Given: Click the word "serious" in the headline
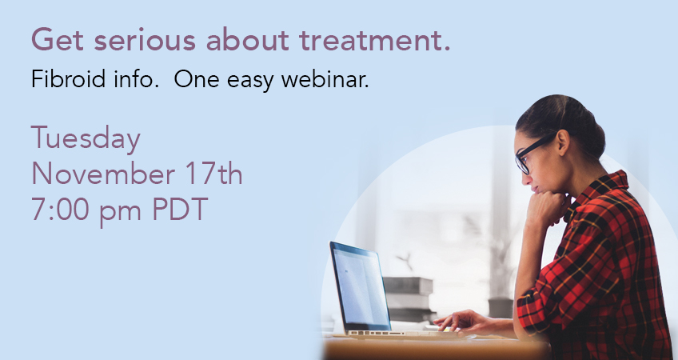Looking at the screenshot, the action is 145,40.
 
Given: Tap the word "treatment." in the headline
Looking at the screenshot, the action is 375,40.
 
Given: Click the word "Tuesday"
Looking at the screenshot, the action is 86,139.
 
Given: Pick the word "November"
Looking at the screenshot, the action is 103,174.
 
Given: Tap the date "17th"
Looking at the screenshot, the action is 214,174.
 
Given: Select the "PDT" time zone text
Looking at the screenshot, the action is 180,210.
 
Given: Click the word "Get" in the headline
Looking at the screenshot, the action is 57,39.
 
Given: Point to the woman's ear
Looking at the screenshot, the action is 563,142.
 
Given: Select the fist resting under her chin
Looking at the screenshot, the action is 547,209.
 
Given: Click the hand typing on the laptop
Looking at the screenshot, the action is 463,322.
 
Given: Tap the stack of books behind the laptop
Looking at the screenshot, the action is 409,298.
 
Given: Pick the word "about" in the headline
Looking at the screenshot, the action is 247,40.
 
